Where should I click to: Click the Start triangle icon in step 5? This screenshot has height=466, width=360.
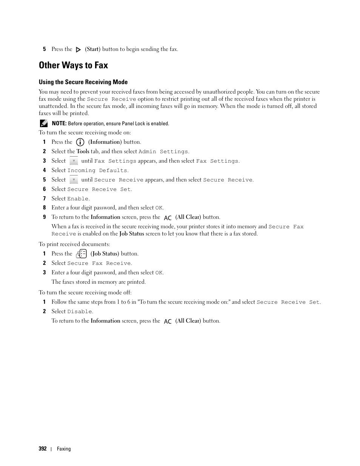78,49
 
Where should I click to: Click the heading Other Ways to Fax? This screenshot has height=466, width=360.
73,65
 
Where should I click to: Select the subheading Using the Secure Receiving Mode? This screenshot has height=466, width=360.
83,82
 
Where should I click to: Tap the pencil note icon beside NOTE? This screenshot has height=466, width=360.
43,123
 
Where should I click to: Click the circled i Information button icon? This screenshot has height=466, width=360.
80,142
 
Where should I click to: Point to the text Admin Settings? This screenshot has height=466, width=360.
163,152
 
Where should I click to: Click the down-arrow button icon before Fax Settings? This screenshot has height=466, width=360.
74,161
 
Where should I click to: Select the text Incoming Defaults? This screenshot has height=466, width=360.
97,171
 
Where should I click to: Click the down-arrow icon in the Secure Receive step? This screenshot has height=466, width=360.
74,180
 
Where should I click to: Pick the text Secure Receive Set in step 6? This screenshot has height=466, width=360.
99,189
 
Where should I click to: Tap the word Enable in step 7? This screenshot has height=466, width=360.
78,199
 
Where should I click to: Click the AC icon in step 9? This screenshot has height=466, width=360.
168,218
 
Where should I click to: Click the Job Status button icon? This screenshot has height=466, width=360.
82,254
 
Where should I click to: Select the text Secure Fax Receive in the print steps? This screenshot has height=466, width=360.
99,263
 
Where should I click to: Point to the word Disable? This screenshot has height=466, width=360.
79,312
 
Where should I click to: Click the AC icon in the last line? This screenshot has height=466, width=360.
168,321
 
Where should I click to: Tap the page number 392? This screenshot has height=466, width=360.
43,449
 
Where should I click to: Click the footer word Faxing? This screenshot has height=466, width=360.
64,449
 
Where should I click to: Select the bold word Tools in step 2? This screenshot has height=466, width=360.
83,151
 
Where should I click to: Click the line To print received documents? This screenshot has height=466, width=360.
74,244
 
